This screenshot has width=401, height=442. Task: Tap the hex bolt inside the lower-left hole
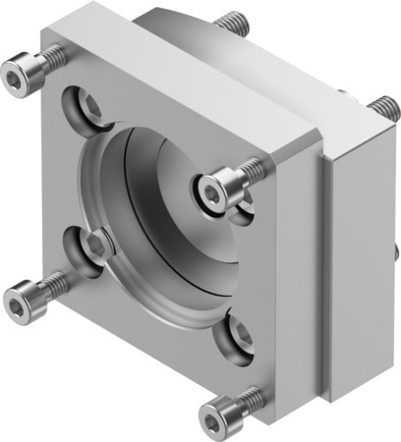point(96,244)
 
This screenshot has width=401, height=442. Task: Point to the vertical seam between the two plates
point(323,275)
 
